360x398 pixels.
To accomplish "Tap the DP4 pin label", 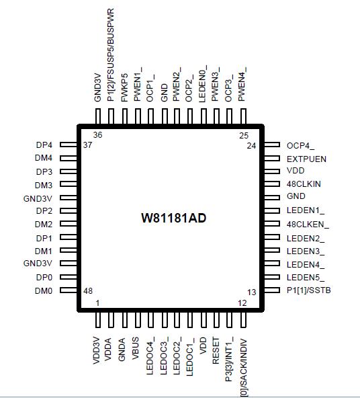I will pyautogui.click(x=44, y=145).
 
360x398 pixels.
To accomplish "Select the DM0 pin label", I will pyautogui.click(x=44, y=290).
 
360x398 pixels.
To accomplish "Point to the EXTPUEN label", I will pyautogui.click(x=306, y=159).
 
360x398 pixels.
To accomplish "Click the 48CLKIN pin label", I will pyautogui.click(x=304, y=184).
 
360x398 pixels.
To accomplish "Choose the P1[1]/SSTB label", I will pyautogui.click(x=309, y=290).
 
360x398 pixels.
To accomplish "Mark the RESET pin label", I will pyautogui.click(x=216, y=351).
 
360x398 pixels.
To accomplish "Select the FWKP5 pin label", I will pyautogui.click(x=124, y=91).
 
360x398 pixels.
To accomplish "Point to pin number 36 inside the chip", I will pyautogui.click(x=97, y=135).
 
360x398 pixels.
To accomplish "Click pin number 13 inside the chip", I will pyautogui.click(x=252, y=292).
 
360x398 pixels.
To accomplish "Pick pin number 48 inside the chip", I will pyautogui.click(x=87, y=290).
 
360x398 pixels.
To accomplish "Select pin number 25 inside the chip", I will pyautogui.click(x=244, y=135).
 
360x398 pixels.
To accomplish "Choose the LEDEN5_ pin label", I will pyautogui.click(x=306, y=278).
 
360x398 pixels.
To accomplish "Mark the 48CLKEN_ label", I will pyautogui.click(x=308, y=224).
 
